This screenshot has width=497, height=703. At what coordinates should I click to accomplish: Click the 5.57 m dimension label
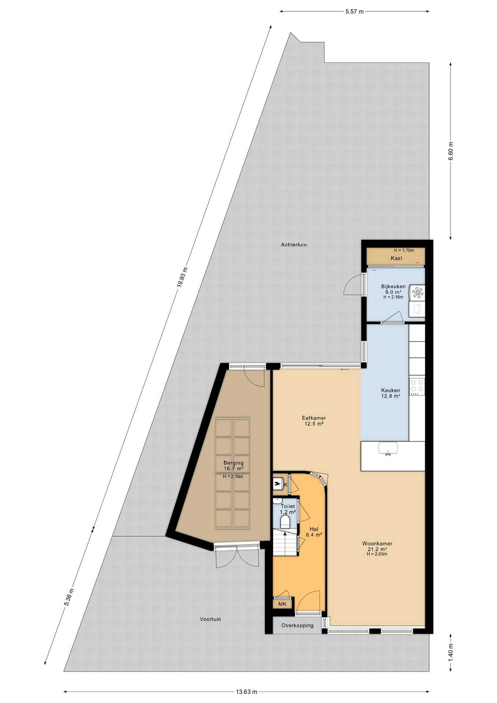click(x=354, y=11)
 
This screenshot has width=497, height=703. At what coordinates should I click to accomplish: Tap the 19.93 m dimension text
click(x=182, y=277)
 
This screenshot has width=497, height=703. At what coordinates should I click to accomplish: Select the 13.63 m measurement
click(x=246, y=692)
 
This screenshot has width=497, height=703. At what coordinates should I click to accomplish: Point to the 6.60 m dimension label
click(x=451, y=151)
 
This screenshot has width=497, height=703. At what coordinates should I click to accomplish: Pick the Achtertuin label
click(x=294, y=245)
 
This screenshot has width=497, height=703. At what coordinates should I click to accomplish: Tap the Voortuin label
click(x=210, y=619)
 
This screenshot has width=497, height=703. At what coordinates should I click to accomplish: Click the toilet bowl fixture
click(x=285, y=521)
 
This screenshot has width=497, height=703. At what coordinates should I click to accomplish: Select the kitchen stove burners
click(x=417, y=386)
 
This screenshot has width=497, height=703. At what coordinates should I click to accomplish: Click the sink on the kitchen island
click(x=388, y=448)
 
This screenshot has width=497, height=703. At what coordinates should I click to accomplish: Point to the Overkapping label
click(x=297, y=625)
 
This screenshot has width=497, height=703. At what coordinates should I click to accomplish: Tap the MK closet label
click(x=282, y=604)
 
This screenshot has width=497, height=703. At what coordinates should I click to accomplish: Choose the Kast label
click(x=396, y=258)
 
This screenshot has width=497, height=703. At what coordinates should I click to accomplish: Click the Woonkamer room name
click(x=377, y=543)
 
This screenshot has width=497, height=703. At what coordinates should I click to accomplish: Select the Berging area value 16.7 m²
click(x=233, y=469)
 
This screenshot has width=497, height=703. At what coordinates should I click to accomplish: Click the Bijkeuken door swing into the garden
click(x=353, y=286)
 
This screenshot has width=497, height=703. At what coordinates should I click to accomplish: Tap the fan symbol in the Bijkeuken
click(x=417, y=292)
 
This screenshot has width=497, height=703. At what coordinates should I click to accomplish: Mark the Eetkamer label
click(x=314, y=418)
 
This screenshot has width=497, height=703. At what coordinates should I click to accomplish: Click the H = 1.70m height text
click(x=404, y=250)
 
